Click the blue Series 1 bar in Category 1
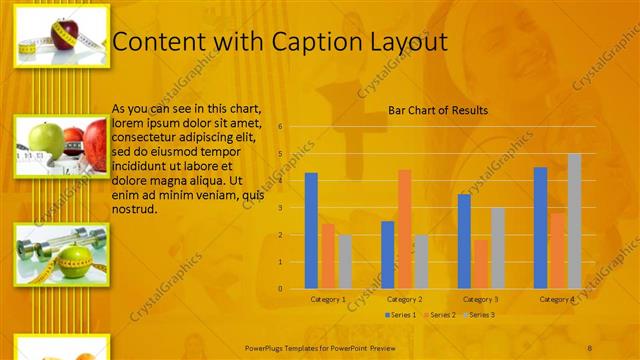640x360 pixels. click(x=311, y=230)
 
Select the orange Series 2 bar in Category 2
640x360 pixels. click(x=404, y=228)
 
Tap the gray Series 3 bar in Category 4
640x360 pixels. click(x=574, y=221)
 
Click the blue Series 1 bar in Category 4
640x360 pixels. click(x=541, y=227)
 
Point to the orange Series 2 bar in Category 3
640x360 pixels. click(x=481, y=263)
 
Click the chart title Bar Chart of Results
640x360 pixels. click(x=438, y=110)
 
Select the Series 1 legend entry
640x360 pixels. click(x=402, y=315)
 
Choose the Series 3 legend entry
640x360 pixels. click(x=477, y=315)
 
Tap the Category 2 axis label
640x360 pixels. click(x=404, y=299)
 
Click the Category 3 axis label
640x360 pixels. click(x=481, y=299)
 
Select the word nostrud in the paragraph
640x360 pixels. click(x=134, y=210)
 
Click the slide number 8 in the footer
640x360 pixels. click(x=589, y=346)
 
